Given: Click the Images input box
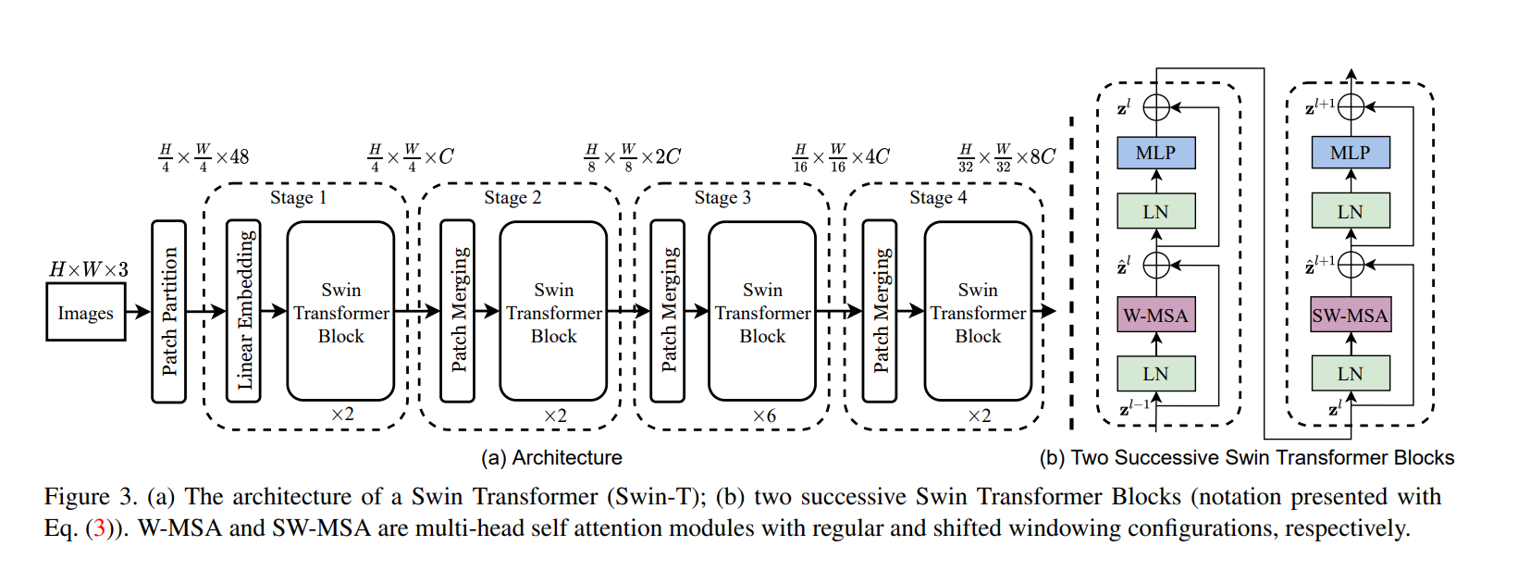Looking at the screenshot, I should click(86, 313).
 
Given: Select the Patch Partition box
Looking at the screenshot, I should click(168, 311).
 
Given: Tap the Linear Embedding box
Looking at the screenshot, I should click(244, 311).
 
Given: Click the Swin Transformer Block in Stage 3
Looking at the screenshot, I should click(762, 312).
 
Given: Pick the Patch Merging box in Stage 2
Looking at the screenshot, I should click(458, 311).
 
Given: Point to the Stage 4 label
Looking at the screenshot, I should click(937, 198).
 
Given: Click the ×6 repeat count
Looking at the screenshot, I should click(764, 416).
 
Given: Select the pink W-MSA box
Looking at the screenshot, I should click(1155, 316).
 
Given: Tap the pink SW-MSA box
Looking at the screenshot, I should click(1350, 316).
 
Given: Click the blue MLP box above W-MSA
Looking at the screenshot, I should click(1155, 153).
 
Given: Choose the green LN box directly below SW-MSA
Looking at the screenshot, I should click(1350, 374).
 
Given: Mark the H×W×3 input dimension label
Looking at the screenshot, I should click(89, 269).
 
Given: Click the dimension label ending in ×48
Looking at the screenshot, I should click(204, 157).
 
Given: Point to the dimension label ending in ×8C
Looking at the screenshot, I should click(1006, 157).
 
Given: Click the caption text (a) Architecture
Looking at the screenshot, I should click(551, 457).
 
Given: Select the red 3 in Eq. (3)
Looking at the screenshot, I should click(100, 528).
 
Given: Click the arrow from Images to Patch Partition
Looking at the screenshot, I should click(138, 312).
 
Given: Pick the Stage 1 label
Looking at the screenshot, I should click(298, 198).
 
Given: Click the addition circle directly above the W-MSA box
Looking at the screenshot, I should click(1156, 266).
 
